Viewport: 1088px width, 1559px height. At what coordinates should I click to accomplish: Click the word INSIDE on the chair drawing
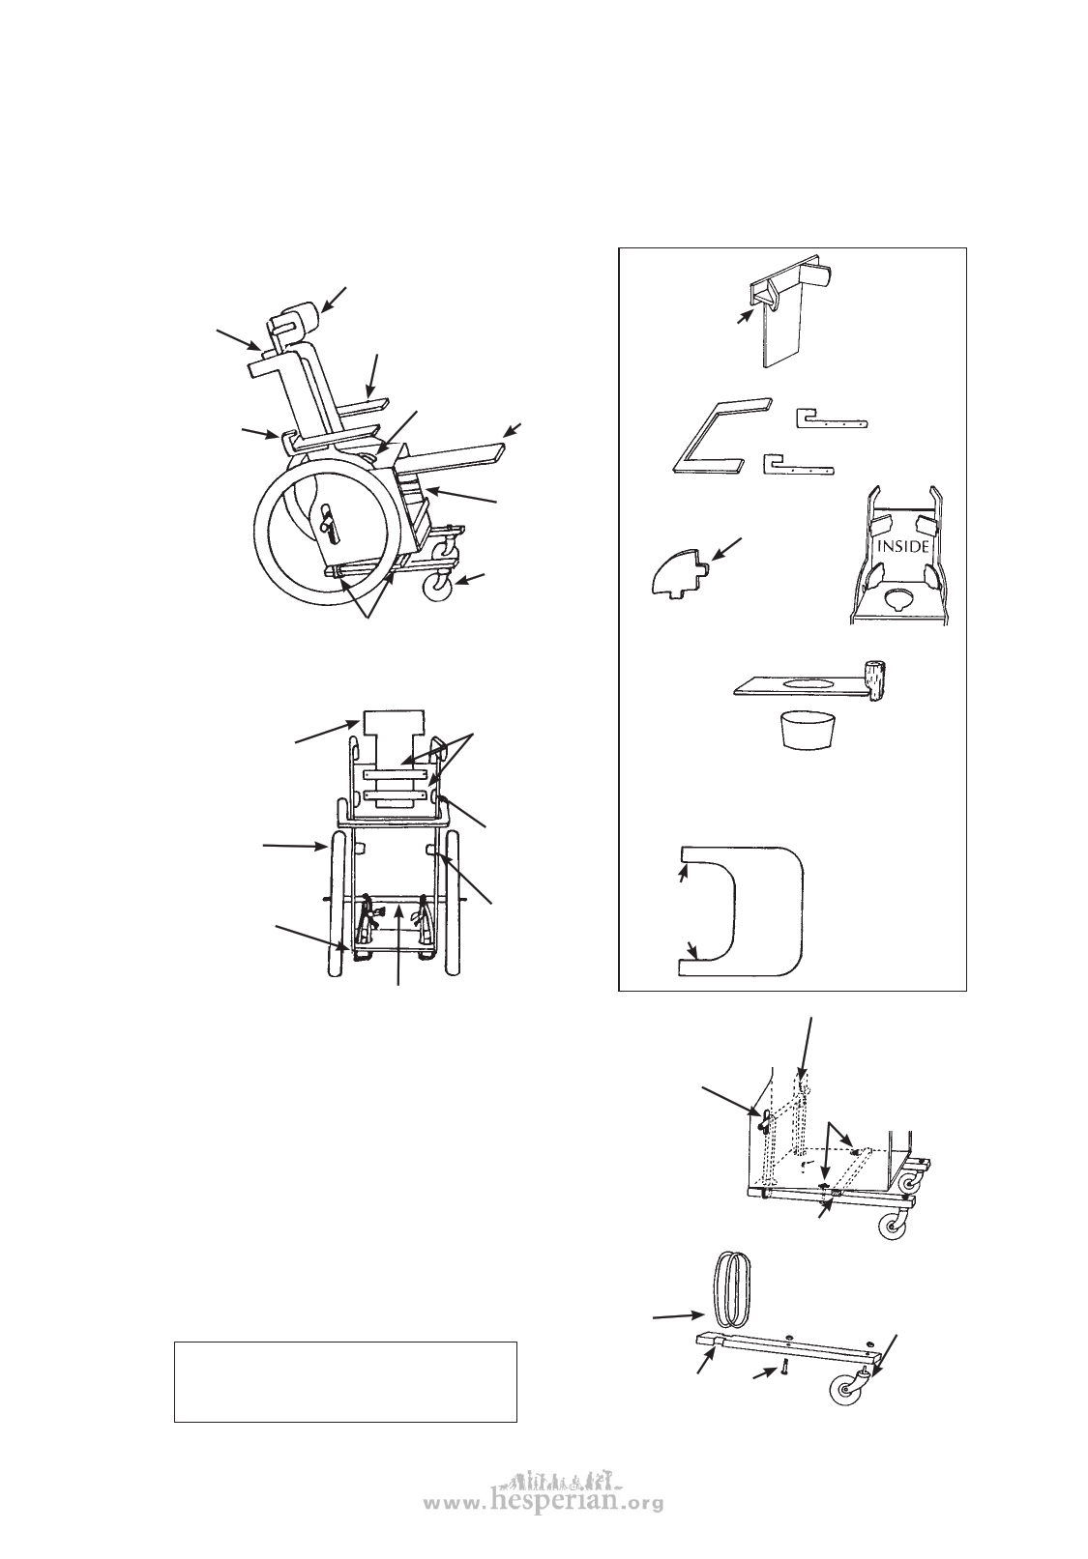[902, 547]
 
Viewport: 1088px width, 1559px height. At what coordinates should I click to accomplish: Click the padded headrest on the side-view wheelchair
[298, 320]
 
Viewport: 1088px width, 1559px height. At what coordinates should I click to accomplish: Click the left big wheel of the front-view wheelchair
[336, 904]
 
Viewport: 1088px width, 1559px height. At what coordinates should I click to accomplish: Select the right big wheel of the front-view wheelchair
[453, 904]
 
